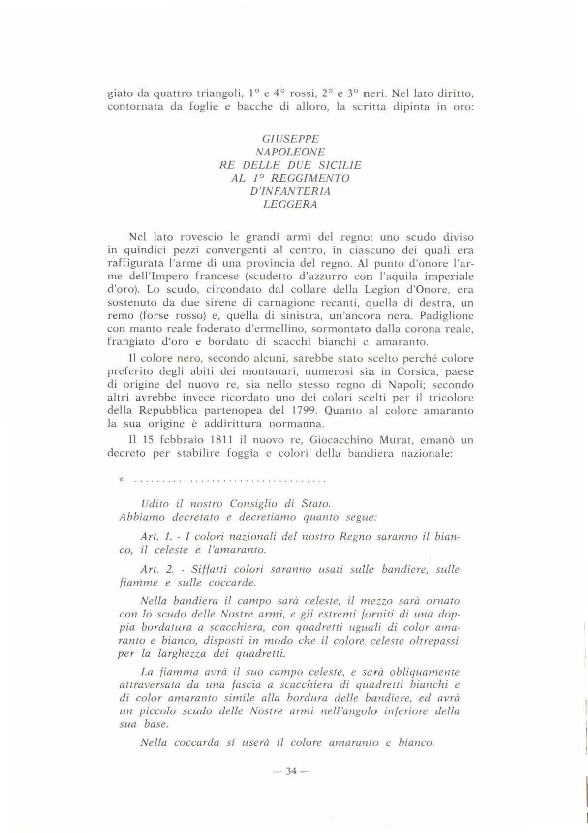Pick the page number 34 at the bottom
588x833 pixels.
point(291,771)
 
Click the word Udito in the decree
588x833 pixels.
point(155,504)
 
